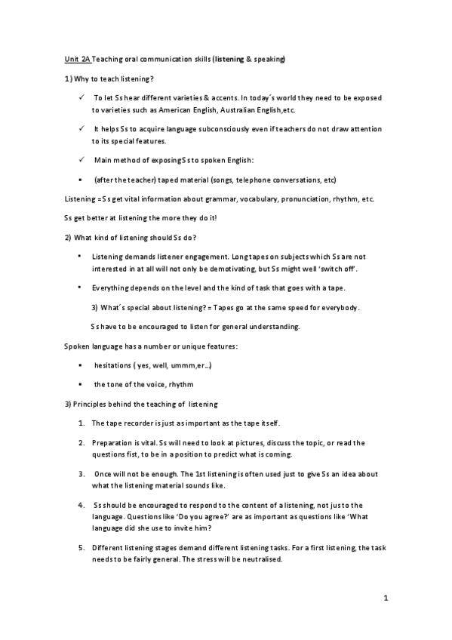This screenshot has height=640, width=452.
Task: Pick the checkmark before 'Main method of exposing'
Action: point(80,159)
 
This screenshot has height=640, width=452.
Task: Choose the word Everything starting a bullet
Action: point(112,288)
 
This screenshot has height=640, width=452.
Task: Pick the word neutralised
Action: point(259,561)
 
